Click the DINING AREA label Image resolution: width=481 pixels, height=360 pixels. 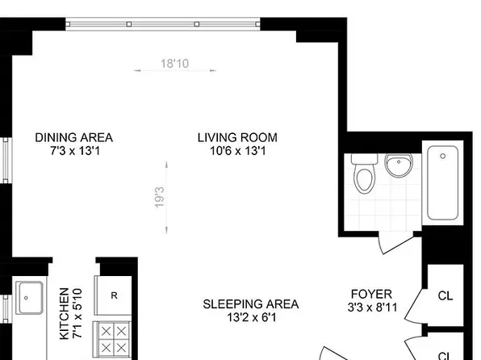pyautogui.click(x=73, y=136)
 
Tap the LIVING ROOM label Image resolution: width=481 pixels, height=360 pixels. pyautogui.click(x=237, y=136)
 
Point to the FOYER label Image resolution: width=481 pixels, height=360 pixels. pyautogui.click(x=371, y=294)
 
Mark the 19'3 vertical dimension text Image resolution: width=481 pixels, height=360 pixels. pyautogui.click(x=160, y=198)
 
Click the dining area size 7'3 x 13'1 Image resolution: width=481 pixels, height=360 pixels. pyautogui.click(x=73, y=150)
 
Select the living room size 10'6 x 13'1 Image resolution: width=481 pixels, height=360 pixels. pyautogui.click(x=237, y=150)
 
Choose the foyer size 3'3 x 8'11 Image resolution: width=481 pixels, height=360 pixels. pyautogui.click(x=371, y=308)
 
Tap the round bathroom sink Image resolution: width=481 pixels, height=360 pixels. pyautogui.click(x=397, y=166)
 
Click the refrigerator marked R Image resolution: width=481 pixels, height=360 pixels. pyautogui.click(x=115, y=295)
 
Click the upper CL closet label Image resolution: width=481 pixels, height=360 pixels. pyautogui.click(x=445, y=295)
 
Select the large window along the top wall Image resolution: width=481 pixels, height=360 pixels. pyautogui.click(x=163, y=24)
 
